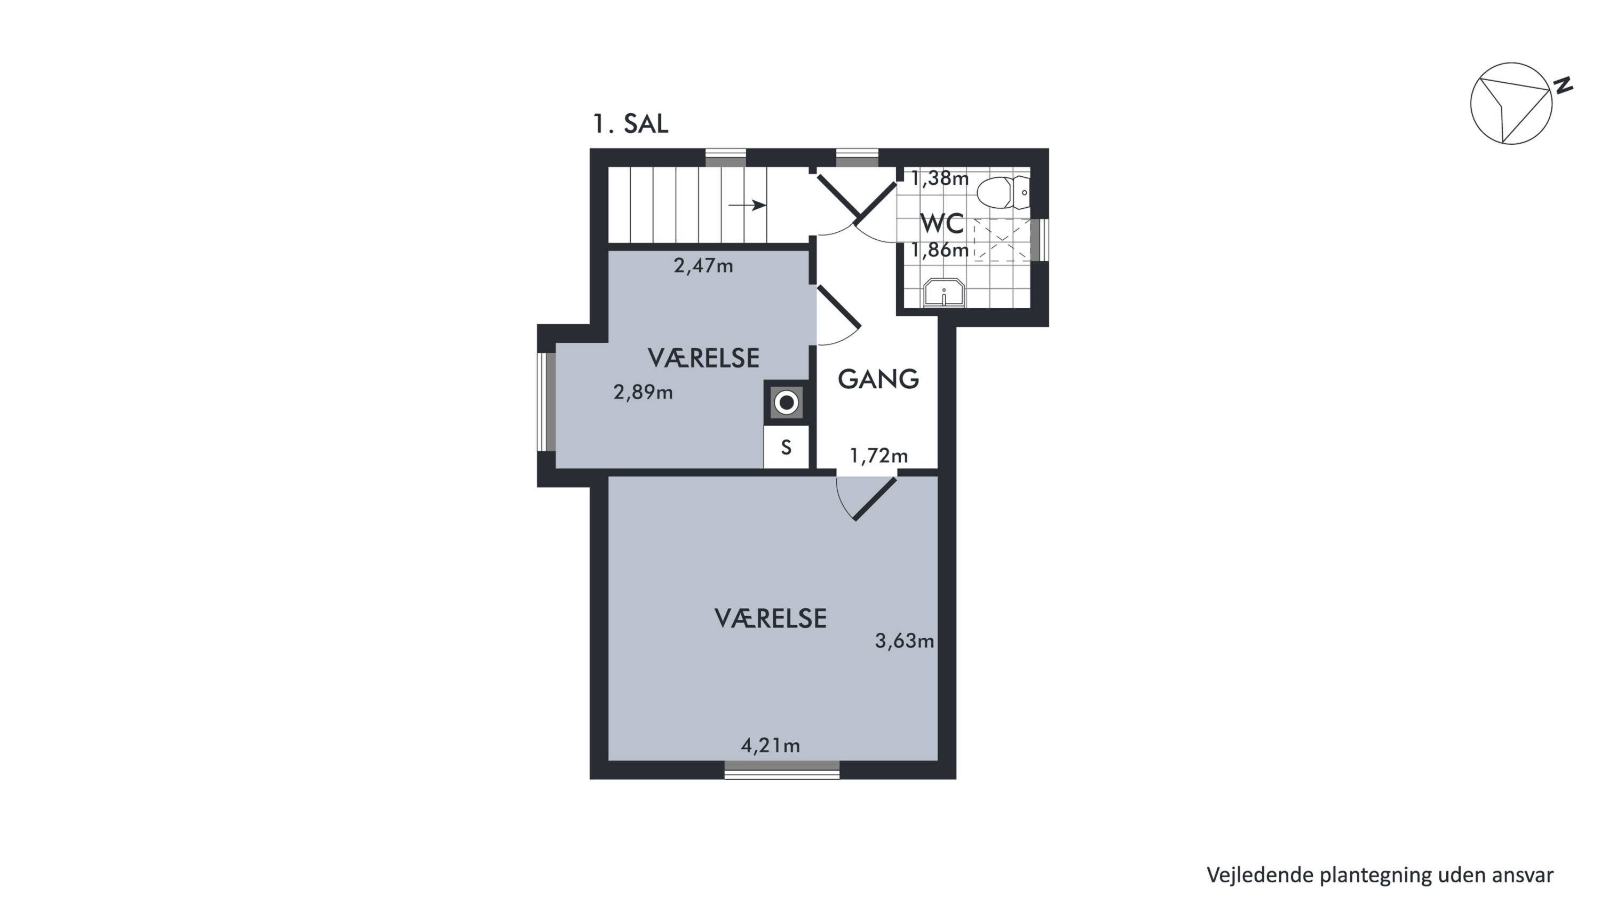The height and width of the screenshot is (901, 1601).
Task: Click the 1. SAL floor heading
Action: click(x=630, y=124)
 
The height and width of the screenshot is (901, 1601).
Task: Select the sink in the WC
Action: click(x=944, y=293)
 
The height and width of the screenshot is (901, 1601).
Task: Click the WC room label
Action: click(x=941, y=223)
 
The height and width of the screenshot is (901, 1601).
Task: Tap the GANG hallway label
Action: click(x=878, y=379)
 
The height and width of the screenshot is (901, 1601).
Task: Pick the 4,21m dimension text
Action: click(x=770, y=745)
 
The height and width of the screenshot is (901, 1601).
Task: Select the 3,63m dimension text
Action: click(x=904, y=640)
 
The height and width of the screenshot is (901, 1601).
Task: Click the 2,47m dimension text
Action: click(x=703, y=266)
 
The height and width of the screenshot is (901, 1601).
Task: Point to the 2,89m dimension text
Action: click(x=643, y=393)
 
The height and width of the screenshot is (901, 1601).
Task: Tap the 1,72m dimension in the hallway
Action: click(x=878, y=457)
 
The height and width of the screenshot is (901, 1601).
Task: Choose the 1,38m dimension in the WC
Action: click(x=939, y=179)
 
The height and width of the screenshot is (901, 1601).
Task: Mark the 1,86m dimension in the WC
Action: click(x=939, y=250)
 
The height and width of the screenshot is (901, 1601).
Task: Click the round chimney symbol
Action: click(x=786, y=403)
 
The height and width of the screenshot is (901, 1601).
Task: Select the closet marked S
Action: click(x=786, y=447)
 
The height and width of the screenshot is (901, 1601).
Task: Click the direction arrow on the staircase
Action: click(x=747, y=205)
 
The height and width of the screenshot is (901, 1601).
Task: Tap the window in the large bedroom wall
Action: click(x=782, y=770)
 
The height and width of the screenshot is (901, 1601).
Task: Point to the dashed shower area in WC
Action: click(x=1001, y=240)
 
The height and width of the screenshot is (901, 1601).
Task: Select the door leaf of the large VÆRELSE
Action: click(x=875, y=499)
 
